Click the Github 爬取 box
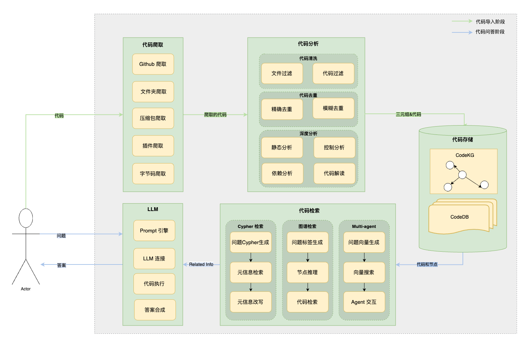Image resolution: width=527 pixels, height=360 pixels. [153, 64]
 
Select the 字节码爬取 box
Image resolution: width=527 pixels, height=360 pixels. [153, 173]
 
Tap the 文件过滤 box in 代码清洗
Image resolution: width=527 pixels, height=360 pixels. [282, 73]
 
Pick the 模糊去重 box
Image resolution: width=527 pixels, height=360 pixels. [333, 108]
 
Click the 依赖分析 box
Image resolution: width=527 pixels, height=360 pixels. [282, 173]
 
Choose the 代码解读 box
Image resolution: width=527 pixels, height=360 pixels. [334, 173]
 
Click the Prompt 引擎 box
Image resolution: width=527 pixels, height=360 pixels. [154, 231]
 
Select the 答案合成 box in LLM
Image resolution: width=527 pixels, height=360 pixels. [155, 310]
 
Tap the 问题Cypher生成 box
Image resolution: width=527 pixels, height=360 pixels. [250, 242]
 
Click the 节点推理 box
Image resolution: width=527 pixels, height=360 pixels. [307, 272]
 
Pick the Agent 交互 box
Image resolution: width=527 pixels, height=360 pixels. [364, 302]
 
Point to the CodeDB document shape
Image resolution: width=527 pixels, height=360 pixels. [459, 217]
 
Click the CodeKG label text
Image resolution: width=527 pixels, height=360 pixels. [465, 155]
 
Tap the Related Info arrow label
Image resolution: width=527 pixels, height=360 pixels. [201, 264]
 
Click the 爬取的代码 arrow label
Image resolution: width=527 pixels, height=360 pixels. [215, 114]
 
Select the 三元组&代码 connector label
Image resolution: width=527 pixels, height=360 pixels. [408, 114]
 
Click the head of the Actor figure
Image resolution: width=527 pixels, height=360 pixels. [26, 218]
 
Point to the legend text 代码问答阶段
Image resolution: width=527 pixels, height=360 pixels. [490, 32]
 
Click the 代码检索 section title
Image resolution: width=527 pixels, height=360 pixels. [309, 211]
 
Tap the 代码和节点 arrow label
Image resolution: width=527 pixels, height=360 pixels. [427, 264]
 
